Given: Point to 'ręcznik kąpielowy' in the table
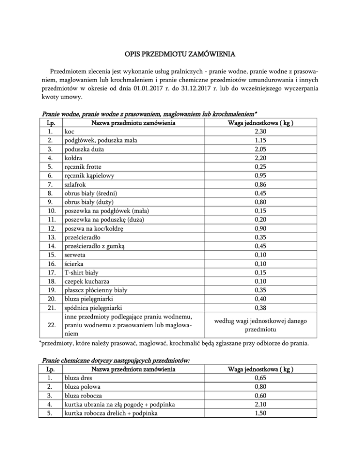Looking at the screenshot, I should tap(89, 176).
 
